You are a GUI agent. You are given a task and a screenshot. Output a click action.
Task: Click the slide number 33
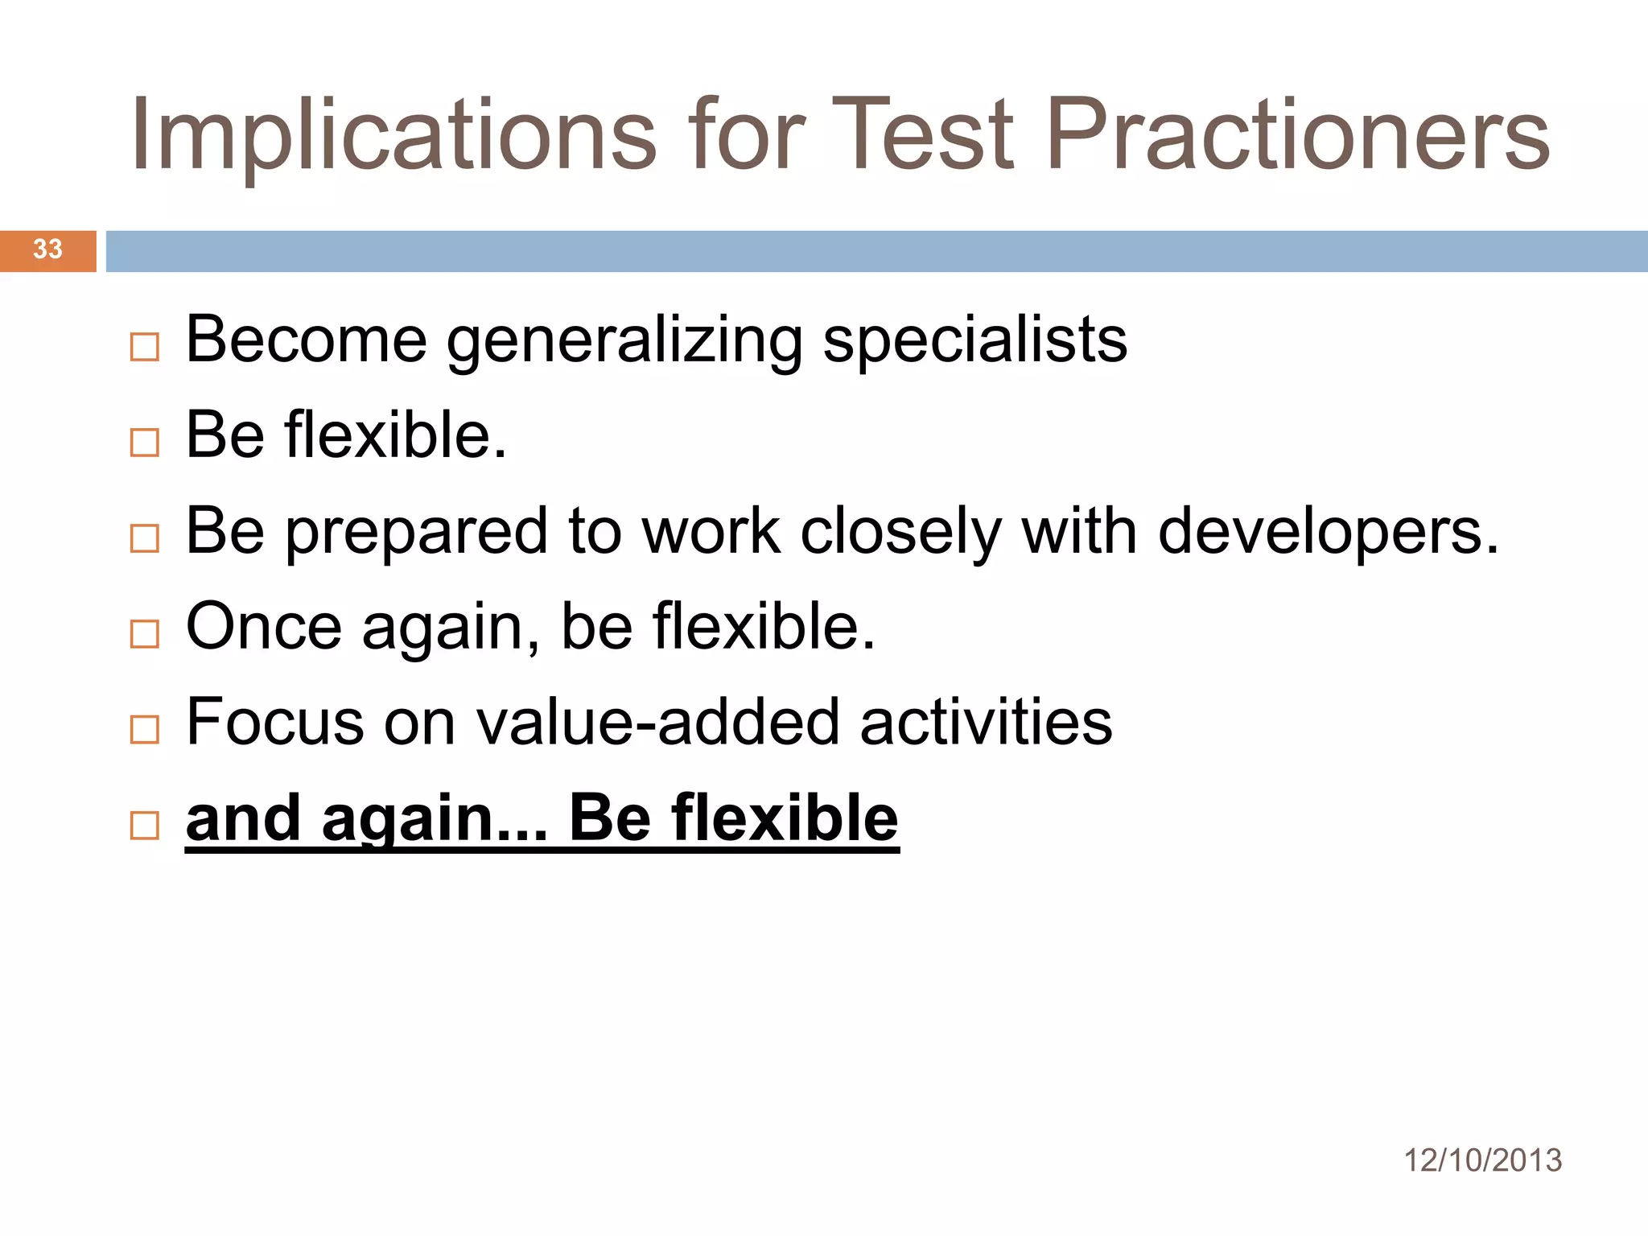[47, 249]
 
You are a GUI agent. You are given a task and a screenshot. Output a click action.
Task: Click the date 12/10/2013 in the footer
[1482, 1160]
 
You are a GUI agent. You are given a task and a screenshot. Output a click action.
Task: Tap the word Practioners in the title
[1297, 135]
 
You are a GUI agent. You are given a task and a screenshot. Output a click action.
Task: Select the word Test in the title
[923, 135]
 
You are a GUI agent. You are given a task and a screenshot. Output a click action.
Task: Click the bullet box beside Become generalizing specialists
[145, 348]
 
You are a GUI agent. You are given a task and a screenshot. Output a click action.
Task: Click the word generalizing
[624, 342]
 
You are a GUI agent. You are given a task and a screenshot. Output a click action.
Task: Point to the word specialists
[974, 342]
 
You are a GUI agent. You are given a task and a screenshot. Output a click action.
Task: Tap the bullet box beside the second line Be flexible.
[145, 443]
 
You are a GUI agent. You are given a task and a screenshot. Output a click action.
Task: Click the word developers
[1328, 533]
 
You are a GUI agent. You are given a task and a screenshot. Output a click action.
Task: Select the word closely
[900, 533]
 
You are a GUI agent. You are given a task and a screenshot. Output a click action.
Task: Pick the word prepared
[417, 533]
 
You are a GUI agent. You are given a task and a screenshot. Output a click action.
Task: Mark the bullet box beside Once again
[145, 634]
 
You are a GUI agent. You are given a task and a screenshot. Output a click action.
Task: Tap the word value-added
[658, 722]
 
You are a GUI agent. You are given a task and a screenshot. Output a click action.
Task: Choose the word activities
[986, 722]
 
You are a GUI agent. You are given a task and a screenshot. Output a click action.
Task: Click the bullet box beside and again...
[145, 826]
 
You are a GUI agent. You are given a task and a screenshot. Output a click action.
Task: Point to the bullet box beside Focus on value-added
[145, 730]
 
